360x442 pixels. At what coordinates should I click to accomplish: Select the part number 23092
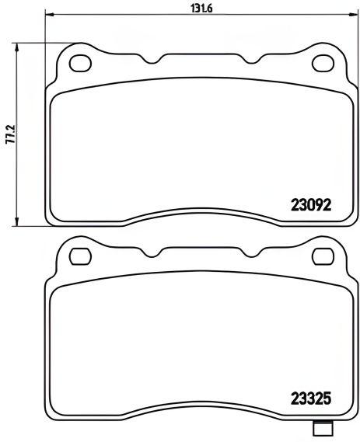[311, 207]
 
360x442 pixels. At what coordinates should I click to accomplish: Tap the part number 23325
[311, 403]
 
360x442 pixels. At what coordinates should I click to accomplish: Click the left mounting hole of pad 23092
[79, 61]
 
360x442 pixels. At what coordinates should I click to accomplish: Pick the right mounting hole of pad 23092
[320, 61]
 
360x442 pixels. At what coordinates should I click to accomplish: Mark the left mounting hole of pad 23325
[79, 255]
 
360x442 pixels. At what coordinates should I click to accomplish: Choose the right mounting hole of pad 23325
[320, 255]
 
